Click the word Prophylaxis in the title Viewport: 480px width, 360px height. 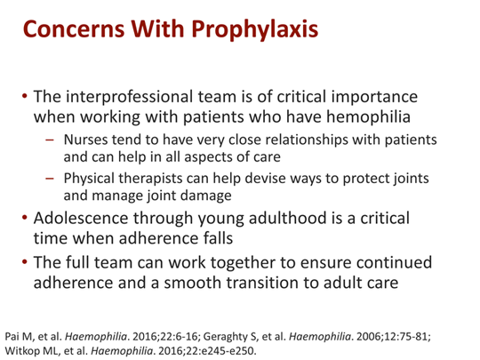255,30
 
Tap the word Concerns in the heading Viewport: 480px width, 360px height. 74,28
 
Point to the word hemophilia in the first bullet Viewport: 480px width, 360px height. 368,117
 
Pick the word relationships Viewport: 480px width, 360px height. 307,140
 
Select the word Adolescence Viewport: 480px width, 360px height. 81,219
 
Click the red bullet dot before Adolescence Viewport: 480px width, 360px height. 25,218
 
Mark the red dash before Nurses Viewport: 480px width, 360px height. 49,140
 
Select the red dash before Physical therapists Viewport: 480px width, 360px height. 49,179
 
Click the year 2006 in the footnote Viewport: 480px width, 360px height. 367,337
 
